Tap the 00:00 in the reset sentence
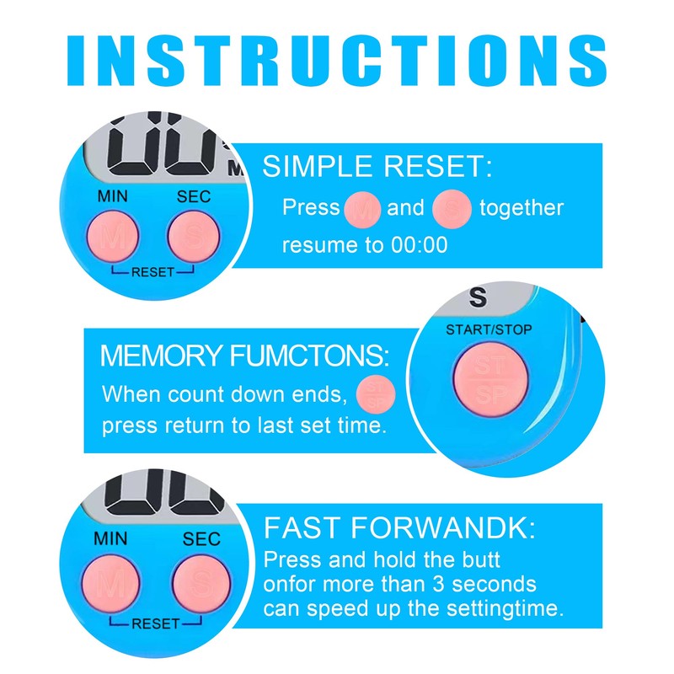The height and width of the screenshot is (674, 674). tap(419, 245)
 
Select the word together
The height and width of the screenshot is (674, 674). tap(522, 208)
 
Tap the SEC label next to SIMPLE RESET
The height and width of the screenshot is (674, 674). tap(193, 198)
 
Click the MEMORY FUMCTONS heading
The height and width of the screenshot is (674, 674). tap(245, 356)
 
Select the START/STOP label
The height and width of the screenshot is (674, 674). tap(489, 329)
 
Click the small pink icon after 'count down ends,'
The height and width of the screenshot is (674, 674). tap(376, 393)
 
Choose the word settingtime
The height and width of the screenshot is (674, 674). tap(505, 607)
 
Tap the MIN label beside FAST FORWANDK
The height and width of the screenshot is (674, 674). tap(111, 539)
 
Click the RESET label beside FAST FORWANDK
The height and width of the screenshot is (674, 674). tap(155, 623)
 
